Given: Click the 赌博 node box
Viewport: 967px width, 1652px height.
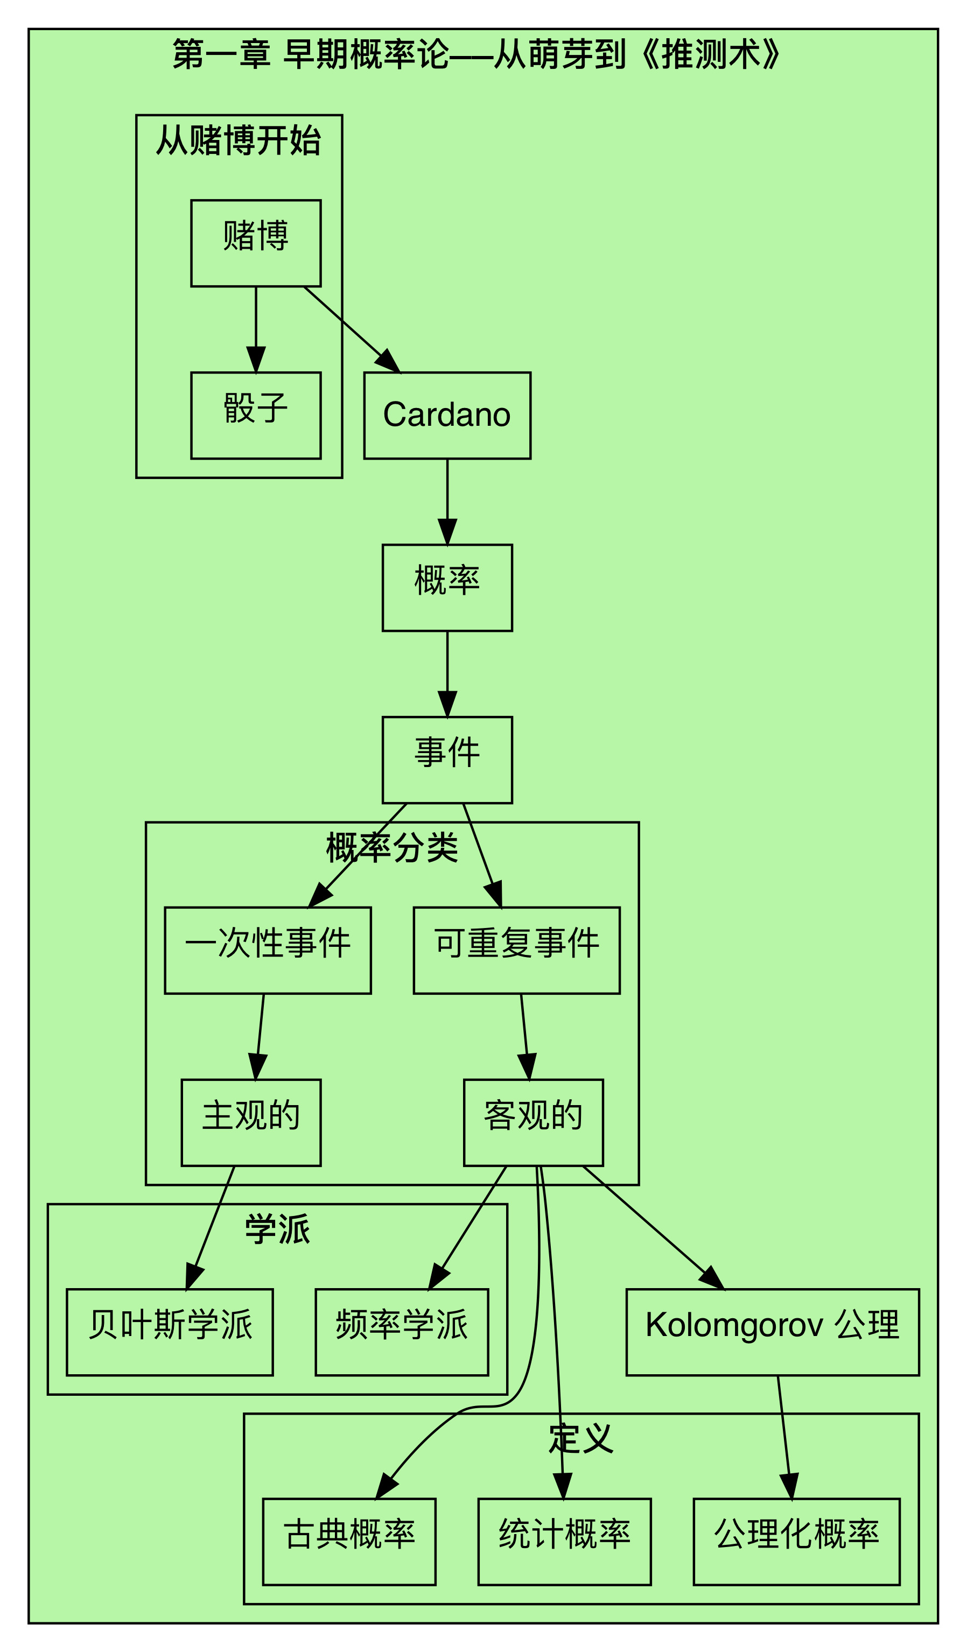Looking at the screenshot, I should point(256,243).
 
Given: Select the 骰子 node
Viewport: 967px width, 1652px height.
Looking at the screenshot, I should point(256,416).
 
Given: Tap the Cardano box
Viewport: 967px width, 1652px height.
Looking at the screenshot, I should point(447,416).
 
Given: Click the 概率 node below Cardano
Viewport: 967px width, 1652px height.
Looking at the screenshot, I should point(447,587).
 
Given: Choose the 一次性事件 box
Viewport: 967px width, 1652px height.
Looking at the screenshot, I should point(268,950).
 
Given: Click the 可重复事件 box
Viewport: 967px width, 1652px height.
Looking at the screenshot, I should point(516,950).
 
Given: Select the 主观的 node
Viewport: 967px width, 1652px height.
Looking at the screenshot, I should point(251,1122).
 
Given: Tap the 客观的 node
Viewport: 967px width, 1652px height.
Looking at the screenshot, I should point(533,1122).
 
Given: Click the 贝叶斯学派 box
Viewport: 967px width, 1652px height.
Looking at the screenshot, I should point(170,1332).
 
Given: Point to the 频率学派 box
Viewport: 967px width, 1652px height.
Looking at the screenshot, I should point(402,1332).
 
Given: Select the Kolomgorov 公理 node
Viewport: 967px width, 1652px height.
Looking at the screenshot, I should point(772,1332).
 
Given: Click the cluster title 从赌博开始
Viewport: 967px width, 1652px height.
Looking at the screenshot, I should point(239,140).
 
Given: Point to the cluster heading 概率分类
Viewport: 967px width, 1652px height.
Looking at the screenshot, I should point(392,848).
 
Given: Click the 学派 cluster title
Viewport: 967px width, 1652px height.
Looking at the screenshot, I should point(277,1229).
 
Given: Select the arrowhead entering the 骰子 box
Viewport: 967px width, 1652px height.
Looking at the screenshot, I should point(256,361).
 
